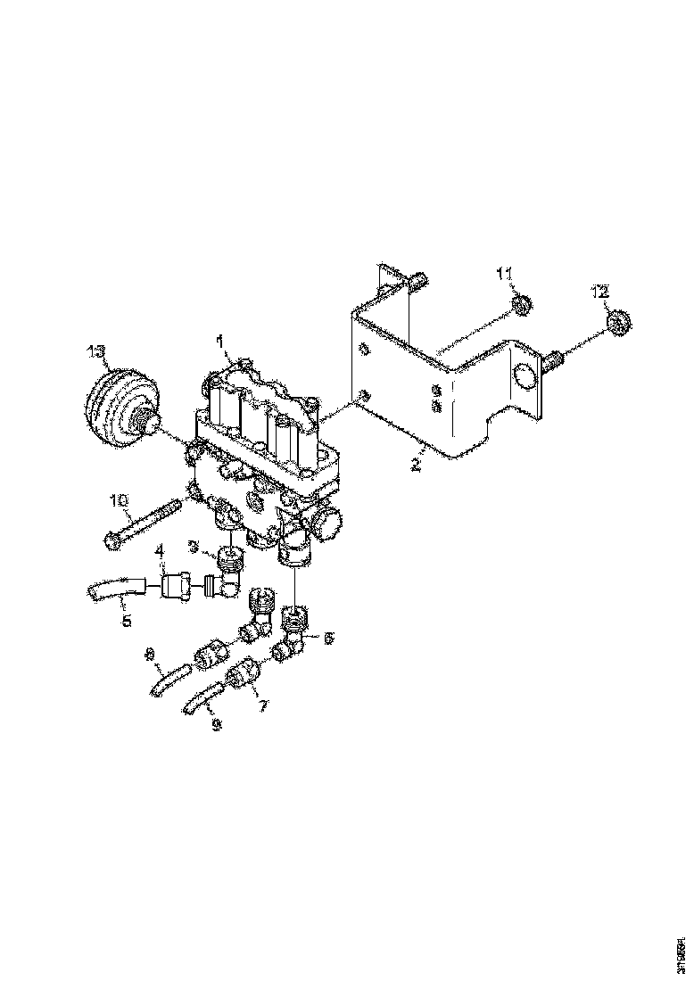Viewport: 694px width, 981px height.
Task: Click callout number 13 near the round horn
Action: [97, 351]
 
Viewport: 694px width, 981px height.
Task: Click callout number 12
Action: [600, 292]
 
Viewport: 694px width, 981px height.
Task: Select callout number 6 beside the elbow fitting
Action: [327, 639]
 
